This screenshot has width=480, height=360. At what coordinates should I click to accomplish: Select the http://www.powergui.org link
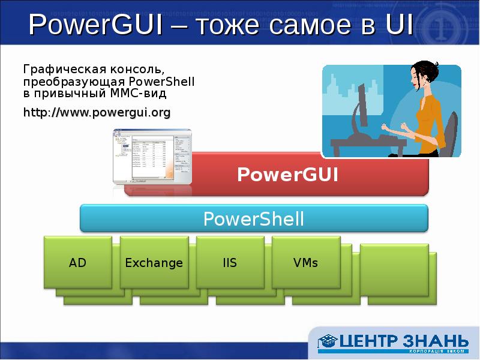pyautogui.click(x=97, y=112)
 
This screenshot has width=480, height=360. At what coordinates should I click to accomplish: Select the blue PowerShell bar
pyautogui.click(x=254, y=218)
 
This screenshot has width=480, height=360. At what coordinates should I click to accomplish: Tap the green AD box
pyautogui.click(x=77, y=262)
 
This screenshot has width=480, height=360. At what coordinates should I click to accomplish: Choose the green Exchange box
pyautogui.click(x=154, y=262)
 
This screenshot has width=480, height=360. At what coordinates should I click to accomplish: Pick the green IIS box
pyautogui.click(x=230, y=262)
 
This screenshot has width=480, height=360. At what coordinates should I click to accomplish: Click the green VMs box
pyautogui.click(x=305, y=262)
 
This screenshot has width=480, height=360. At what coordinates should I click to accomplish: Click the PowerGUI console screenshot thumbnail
pyautogui.click(x=152, y=157)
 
